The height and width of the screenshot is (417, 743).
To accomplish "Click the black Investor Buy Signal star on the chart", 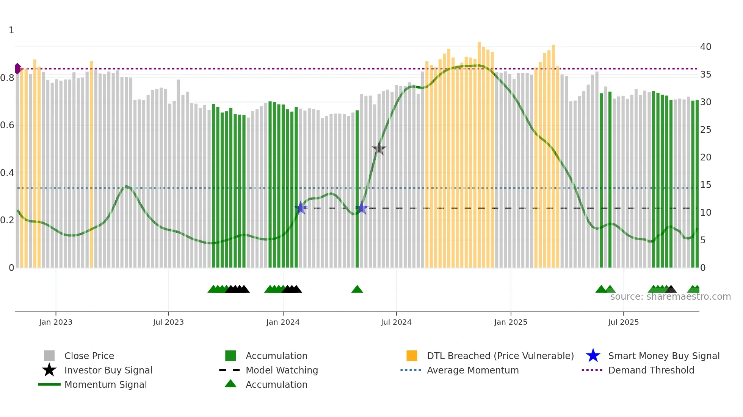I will click(379, 149).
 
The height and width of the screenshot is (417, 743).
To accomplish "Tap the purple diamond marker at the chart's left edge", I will click(18, 68).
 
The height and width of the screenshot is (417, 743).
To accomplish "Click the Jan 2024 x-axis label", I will click(283, 322).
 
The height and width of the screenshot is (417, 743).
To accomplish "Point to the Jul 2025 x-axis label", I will click(623, 322).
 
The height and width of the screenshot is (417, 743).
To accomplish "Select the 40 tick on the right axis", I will click(705, 47).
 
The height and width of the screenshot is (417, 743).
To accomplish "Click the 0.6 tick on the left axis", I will click(7, 125).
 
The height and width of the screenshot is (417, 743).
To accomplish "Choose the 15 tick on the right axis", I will click(705, 185).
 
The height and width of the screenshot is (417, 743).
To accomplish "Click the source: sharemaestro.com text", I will click(670, 297).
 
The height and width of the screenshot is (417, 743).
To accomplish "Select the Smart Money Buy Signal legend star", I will click(593, 356).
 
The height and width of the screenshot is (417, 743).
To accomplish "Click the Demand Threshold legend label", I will click(651, 370).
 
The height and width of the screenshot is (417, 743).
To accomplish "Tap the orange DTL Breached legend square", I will click(412, 356).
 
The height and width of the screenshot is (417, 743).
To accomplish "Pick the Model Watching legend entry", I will click(281, 370).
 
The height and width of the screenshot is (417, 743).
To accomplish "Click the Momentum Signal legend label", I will click(105, 384).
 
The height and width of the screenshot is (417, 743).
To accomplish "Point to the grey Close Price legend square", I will click(49, 356).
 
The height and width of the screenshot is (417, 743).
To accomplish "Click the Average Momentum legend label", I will click(472, 370).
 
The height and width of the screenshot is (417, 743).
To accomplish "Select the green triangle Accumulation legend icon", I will click(230, 384).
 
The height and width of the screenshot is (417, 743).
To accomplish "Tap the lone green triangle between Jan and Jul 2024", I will click(357, 289).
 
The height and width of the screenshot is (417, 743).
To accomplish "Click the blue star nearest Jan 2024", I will click(301, 208).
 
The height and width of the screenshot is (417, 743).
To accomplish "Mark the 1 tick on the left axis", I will click(11, 30).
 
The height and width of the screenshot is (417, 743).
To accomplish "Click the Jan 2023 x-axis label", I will click(56, 322).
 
